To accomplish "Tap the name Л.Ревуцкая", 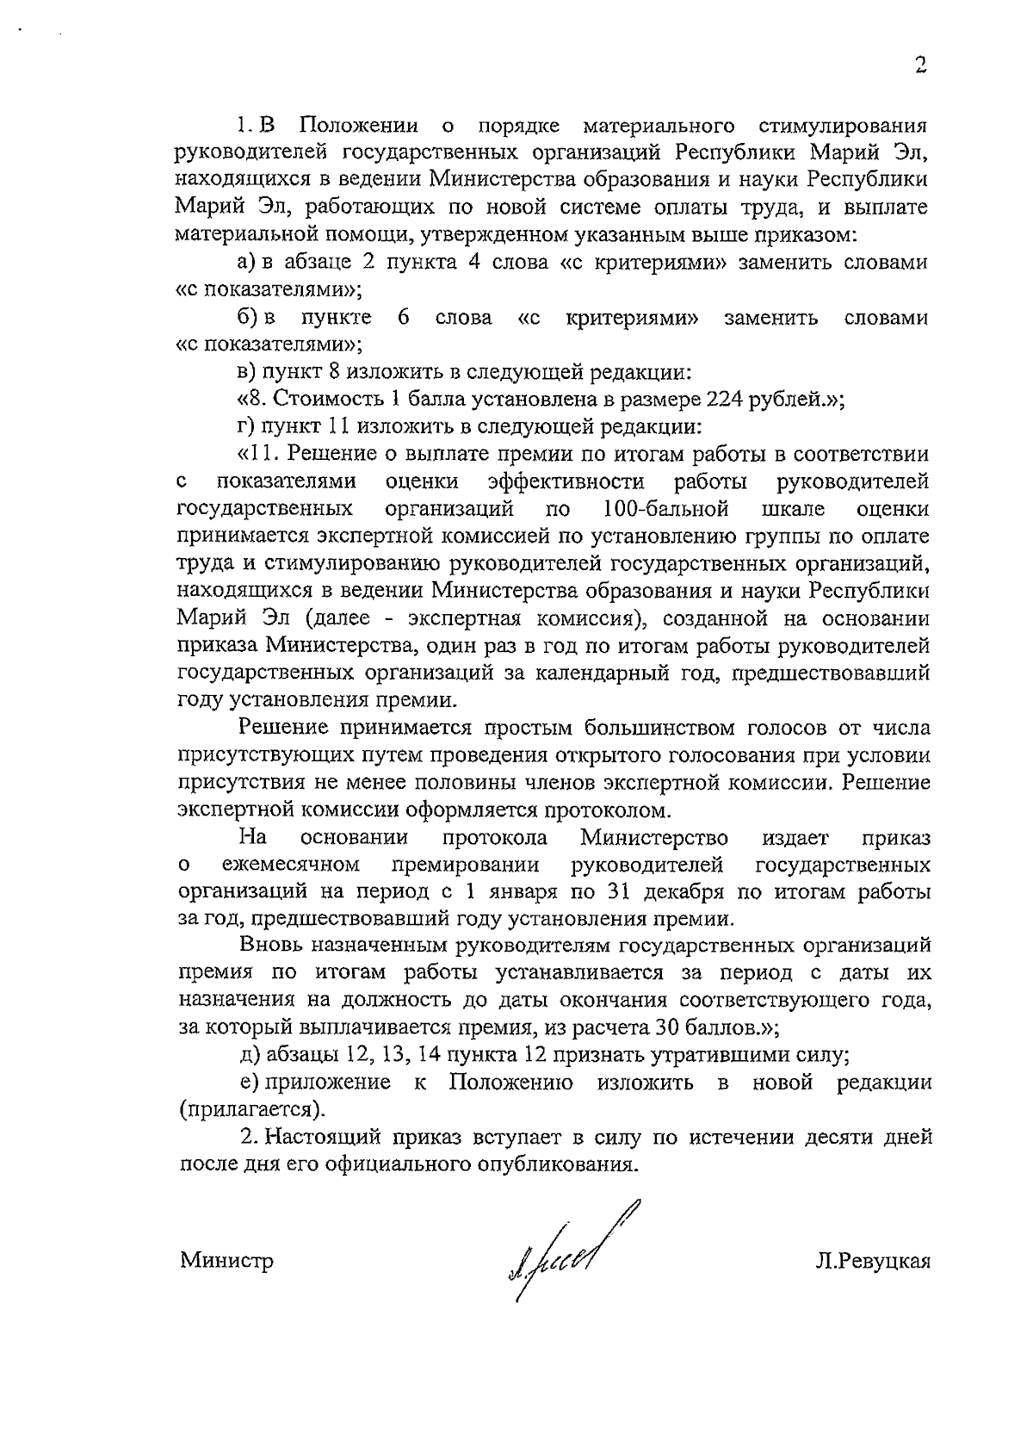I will point(874,1262).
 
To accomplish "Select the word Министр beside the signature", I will point(227,1262).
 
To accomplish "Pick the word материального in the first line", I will point(659,126).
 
